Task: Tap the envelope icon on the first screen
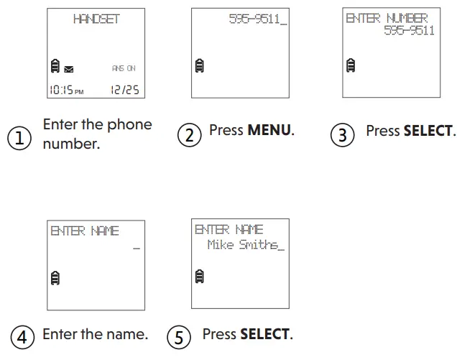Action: click(x=68, y=70)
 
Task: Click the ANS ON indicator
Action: click(x=124, y=68)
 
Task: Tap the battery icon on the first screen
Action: click(x=55, y=68)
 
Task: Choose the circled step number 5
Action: click(x=178, y=336)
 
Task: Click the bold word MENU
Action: click(x=269, y=131)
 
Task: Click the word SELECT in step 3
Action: click(x=428, y=131)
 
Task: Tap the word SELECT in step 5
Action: click(x=264, y=334)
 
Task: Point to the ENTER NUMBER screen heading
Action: click(x=387, y=18)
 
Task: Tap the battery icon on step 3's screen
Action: click(x=351, y=65)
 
